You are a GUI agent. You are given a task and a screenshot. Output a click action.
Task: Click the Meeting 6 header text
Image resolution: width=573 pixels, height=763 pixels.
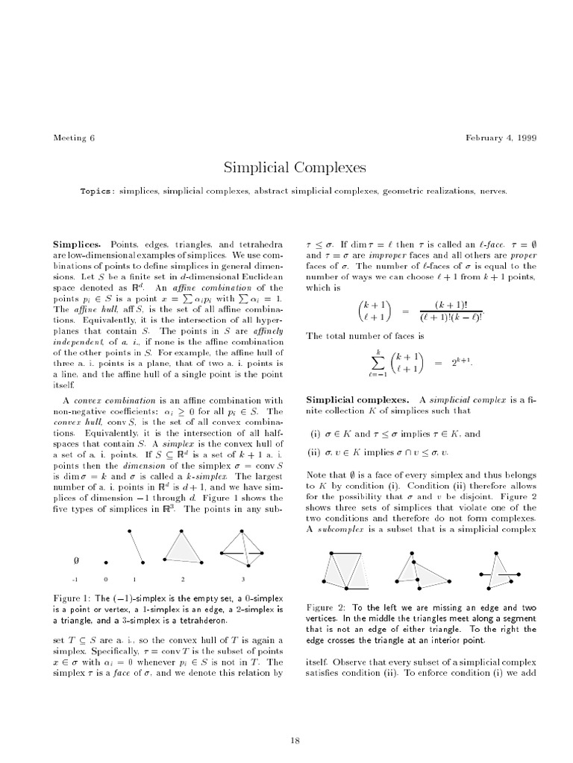tap(74, 138)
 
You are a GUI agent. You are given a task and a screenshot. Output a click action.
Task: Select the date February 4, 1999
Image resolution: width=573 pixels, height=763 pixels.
tap(501, 138)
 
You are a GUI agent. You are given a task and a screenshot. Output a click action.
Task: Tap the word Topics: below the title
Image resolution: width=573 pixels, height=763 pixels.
tap(97, 191)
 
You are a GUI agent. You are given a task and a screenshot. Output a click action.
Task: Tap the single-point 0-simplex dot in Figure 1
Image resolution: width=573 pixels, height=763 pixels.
tap(107, 563)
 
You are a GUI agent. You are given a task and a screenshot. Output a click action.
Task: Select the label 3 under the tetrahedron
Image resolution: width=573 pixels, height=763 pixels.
tap(243, 579)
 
